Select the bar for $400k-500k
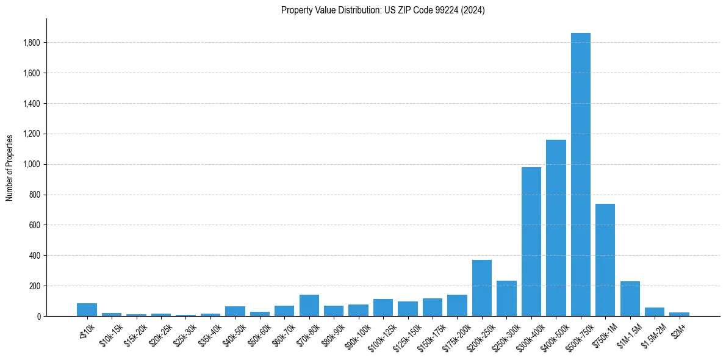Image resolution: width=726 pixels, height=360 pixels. click(x=556, y=228)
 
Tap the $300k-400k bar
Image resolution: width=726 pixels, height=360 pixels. click(x=531, y=242)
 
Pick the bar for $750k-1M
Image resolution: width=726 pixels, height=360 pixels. click(x=605, y=260)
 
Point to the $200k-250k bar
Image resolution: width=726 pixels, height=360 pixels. click(x=481, y=288)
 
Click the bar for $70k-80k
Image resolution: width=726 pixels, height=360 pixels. click(x=309, y=305)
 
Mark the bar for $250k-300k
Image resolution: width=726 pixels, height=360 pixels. click(x=506, y=298)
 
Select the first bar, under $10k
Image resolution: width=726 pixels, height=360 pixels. click(x=87, y=309)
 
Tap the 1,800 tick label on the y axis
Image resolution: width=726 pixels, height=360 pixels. click(x=31, y=43)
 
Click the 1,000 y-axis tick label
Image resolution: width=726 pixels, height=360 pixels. click(x=31, y=164)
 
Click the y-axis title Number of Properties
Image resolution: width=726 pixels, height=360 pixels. click(x=10, y=167)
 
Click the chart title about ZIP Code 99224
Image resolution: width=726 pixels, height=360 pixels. click(x=383, y=10)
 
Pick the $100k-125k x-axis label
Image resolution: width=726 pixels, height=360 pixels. click(x=381, y=335)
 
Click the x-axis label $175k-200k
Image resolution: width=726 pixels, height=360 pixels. click(x=455, y=335)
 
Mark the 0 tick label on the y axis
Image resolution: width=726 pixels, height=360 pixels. click(x=38, y=316)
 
